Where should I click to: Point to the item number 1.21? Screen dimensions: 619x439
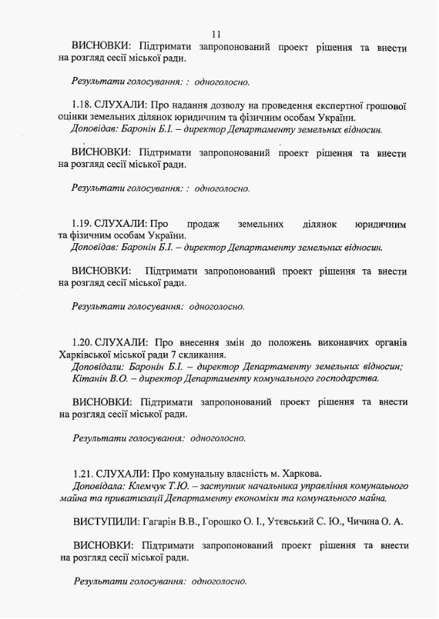tap(83, 473)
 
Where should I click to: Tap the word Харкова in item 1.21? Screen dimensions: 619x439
tap(300, 473)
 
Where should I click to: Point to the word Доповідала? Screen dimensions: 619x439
tap(97, 485)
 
